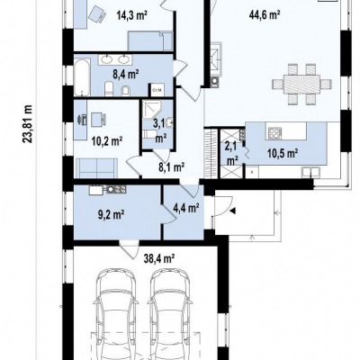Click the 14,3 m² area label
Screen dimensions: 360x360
[131, 14]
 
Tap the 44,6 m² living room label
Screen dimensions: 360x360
[265, 14]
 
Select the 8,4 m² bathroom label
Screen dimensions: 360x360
[125, 74]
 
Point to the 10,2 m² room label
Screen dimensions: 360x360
[106, 140]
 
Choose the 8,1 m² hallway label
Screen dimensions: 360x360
[171, 167]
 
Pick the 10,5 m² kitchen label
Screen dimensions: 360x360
[283, 153]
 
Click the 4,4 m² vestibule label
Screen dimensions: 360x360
[186, 208]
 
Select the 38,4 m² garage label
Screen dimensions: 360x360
[159, 257]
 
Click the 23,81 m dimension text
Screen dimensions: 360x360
[28, 123]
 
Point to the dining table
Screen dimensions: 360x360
[302, 84]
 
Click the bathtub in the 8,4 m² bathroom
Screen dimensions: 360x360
[82, 77]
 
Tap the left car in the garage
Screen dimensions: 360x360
[116, 313]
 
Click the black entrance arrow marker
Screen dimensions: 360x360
[232, 211]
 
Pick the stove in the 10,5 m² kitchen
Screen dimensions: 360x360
[274, 132]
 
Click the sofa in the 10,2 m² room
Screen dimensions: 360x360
[96, 168]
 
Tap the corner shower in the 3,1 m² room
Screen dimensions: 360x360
[152, 110]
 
